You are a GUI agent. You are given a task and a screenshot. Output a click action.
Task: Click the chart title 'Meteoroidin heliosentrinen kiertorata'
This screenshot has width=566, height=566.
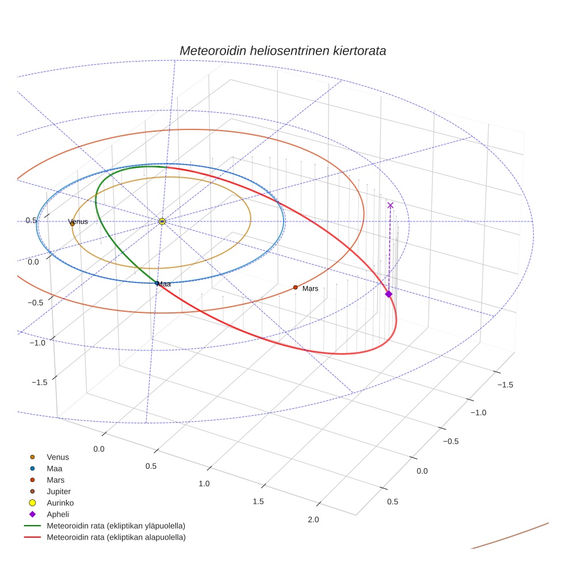[x=282, y=51]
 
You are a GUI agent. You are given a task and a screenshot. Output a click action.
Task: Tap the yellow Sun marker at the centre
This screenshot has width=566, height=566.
[x=162, y=221]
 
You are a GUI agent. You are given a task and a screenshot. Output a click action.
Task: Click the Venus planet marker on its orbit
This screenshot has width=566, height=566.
[x=72, y=224]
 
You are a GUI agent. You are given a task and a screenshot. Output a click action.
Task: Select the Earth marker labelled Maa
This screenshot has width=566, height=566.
[x=157, y=283]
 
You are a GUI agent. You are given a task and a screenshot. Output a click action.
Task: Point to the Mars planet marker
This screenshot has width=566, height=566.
[x=295, y=287]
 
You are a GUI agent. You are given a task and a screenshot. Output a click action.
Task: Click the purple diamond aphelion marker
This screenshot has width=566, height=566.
[x=388, y=294]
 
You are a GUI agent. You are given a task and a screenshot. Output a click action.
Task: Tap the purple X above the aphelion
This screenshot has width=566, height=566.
[x=391, y=205]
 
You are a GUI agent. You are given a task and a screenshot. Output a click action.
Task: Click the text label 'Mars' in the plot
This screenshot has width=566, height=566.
[x=311, y=288]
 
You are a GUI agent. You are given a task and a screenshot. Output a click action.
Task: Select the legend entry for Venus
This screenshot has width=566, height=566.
[x=58, y=457]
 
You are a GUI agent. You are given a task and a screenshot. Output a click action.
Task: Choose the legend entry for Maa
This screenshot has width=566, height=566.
[x=54, y=469]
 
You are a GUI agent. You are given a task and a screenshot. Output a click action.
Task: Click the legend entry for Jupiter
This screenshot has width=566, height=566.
[x=59, y=492]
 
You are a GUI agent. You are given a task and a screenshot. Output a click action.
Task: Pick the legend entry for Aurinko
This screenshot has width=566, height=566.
[x=60, y=503]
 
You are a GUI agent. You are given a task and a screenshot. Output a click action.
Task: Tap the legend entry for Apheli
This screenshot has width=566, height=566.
[x=58, y=514]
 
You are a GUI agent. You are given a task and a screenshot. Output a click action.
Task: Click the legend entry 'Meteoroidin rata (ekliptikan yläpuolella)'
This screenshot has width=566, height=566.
[x=116, y=526]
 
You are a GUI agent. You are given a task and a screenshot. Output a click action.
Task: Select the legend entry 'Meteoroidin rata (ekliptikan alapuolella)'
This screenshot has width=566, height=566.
[x=116, y=537]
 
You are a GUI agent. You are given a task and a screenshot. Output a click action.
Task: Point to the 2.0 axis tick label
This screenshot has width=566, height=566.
[x=313, y=520]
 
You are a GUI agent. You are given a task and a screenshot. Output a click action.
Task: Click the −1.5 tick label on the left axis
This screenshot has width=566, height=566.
[x=39, y=383]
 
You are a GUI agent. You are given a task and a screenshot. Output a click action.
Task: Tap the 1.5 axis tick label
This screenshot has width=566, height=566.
[x=258, y=502]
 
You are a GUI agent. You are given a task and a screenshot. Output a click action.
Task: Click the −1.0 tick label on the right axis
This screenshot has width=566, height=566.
[x=478, y=412]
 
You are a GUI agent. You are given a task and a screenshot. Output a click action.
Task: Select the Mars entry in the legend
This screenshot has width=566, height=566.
[x=55, y=480]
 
